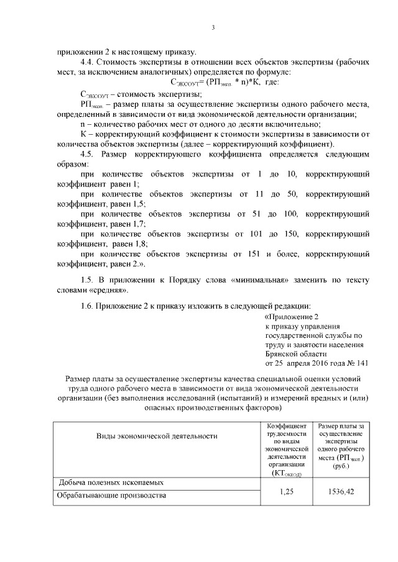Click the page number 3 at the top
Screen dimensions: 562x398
(213, 27)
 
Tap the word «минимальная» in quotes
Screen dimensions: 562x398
(259, 279)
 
